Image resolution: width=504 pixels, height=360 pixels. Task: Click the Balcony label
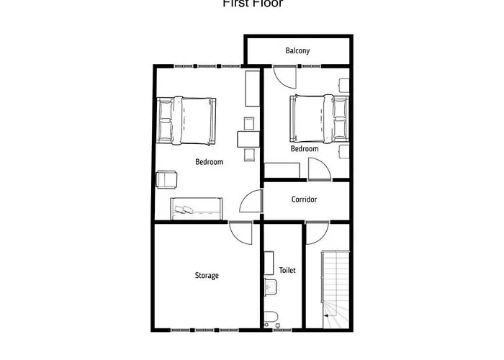297,50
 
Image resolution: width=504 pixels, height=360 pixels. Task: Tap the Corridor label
305,199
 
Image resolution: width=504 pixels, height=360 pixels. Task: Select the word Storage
207,275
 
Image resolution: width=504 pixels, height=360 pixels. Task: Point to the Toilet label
287,271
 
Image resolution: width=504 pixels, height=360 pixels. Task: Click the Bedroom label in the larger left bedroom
210,162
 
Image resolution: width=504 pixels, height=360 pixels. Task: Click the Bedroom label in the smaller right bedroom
305,149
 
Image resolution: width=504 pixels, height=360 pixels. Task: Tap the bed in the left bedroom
186,120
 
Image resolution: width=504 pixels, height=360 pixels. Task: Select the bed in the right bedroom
317,117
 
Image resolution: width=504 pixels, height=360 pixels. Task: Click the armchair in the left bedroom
167,179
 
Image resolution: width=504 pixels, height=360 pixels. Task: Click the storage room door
241,232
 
